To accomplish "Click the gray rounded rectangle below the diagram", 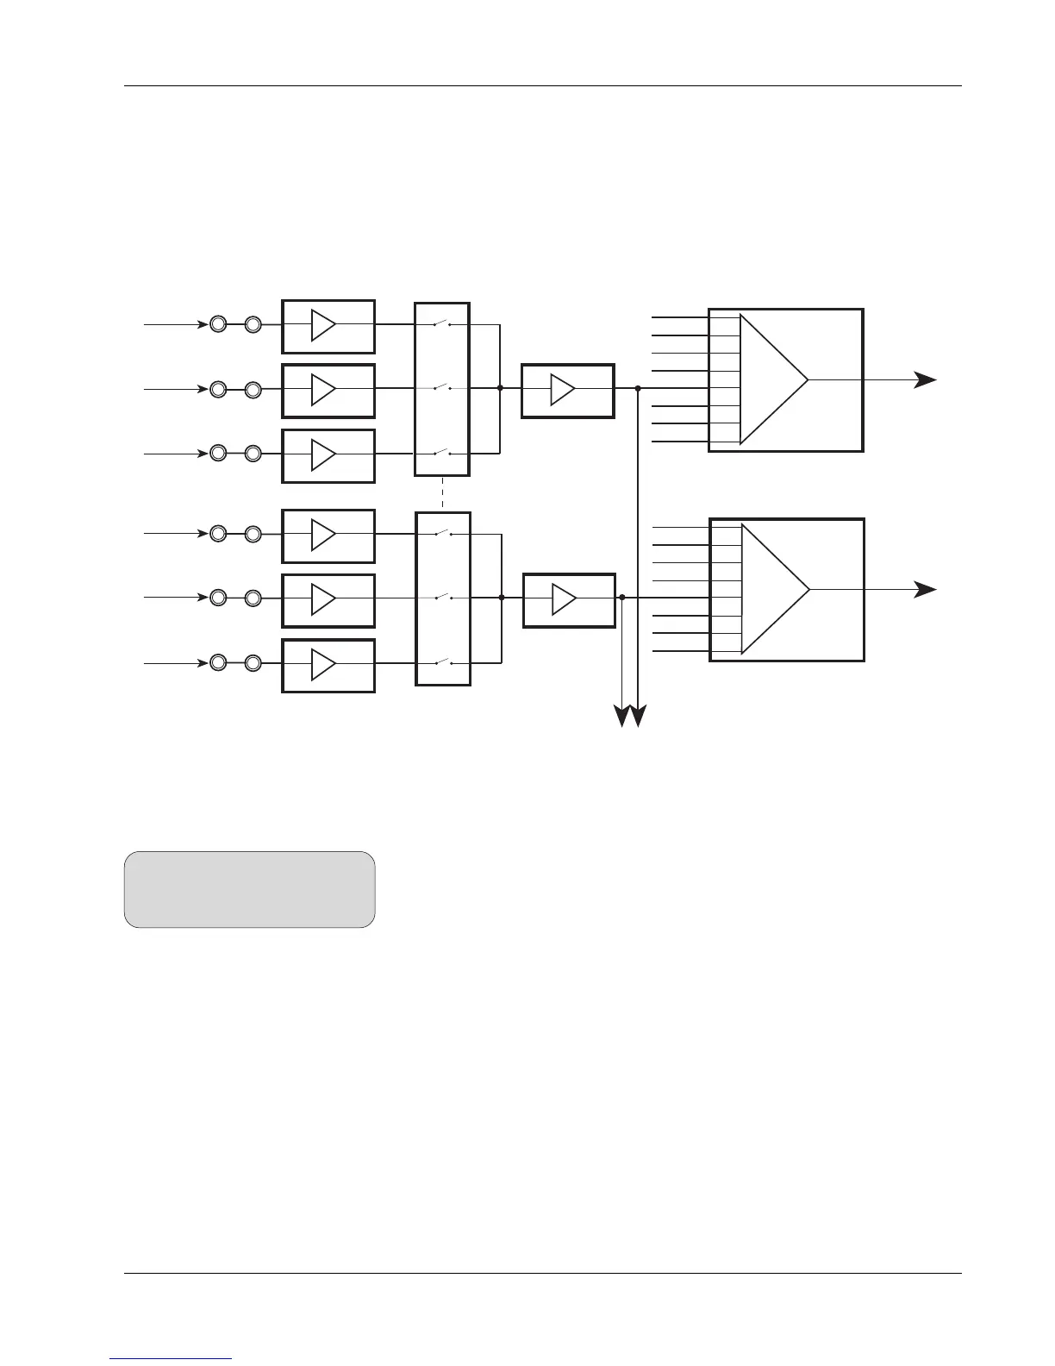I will click(249, 889).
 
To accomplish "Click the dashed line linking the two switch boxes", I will click(442, 494).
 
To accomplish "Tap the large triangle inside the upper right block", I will click(772, 379).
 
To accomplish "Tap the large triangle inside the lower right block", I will click(774, 590).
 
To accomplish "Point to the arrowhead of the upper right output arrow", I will click(927, 379).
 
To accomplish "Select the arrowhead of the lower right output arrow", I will click(927, 590).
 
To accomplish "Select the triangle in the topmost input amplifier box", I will click(322, 326).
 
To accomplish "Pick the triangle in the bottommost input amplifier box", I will click(322, 665).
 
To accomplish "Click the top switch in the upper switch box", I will click(442, 324).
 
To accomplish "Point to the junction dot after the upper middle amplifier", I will click(638, 389).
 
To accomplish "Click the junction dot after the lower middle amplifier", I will click(621, 597).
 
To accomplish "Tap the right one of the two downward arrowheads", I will click(639, 717).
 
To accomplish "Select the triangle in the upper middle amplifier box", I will click(561, 390).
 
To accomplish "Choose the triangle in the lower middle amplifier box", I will click(562, 599).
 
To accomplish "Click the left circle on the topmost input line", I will click(218, 324).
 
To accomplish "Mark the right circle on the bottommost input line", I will click(253, 663).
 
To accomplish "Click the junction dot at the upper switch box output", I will click(500, 388).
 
